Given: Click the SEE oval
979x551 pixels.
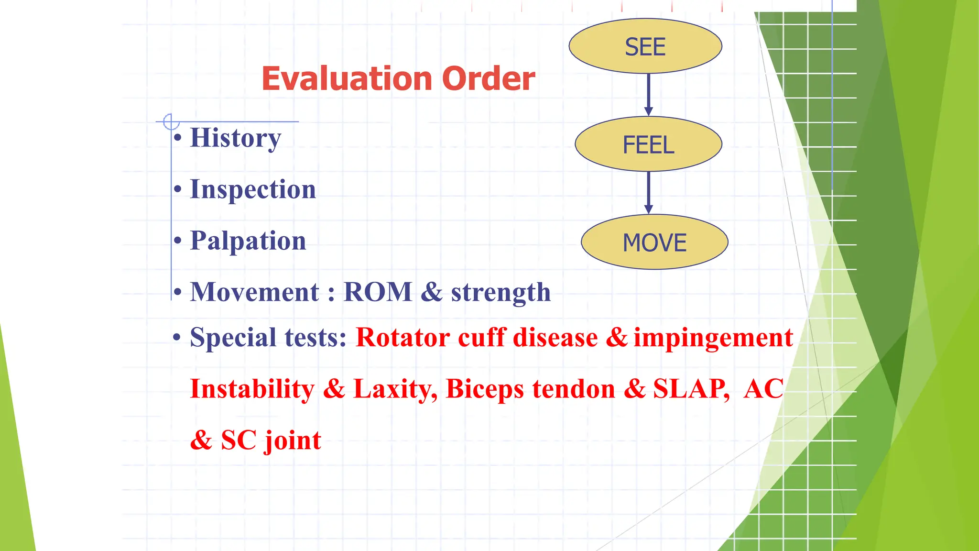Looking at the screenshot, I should coord(645,46).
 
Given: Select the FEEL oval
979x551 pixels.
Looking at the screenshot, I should coord(648,144).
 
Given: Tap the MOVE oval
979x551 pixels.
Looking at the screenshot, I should coord(654,242).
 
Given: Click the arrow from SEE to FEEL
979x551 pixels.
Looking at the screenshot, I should coord(648,94).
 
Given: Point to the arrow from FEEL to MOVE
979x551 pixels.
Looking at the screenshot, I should coord(648,192).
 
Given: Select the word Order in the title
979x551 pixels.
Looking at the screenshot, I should coord(488,78).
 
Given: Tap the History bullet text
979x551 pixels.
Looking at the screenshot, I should coord(235,138).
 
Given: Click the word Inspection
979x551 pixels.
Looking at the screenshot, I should coord(253,189).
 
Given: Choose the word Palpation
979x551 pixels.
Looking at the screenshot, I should coord(248,241).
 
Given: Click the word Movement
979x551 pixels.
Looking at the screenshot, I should coord(254,292).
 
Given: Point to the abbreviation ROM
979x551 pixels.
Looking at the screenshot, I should coord(378,292).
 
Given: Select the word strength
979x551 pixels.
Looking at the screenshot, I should coord(500,293).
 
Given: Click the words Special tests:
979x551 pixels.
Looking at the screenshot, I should coord(268,338).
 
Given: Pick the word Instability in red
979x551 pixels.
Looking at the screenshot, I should coord(252,389).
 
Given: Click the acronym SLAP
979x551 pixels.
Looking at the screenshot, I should coord(691,388).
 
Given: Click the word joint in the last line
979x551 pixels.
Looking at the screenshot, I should coord(293,441).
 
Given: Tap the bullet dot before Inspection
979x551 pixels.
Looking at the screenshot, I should coord(178,190).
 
